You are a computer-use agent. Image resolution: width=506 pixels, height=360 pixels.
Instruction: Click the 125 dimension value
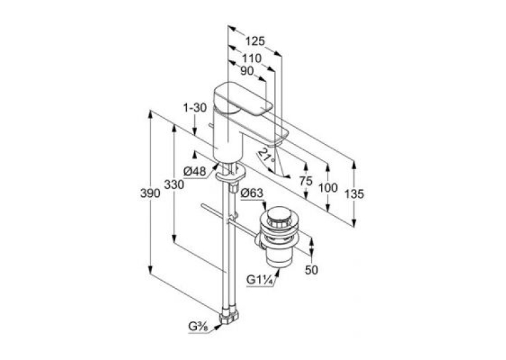pos(255,42)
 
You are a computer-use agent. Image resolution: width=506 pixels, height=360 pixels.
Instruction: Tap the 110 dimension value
pos(252,58)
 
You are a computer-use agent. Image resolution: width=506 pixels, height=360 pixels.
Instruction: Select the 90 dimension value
pos(247,71)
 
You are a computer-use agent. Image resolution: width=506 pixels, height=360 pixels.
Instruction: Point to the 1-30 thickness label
pos(195,108)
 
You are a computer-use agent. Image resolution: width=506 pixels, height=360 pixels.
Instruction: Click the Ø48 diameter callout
pos(195,171)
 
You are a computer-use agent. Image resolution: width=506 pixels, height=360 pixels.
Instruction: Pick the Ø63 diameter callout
pos(252,193)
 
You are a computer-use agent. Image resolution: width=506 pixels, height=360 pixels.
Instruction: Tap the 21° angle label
pos(268,155)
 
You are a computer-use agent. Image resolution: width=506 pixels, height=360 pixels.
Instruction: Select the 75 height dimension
pos(306,181)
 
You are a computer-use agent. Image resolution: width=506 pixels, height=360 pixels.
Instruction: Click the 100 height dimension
pos(328,188)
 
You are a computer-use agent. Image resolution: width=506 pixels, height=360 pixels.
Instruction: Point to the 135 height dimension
pos(354,194)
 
